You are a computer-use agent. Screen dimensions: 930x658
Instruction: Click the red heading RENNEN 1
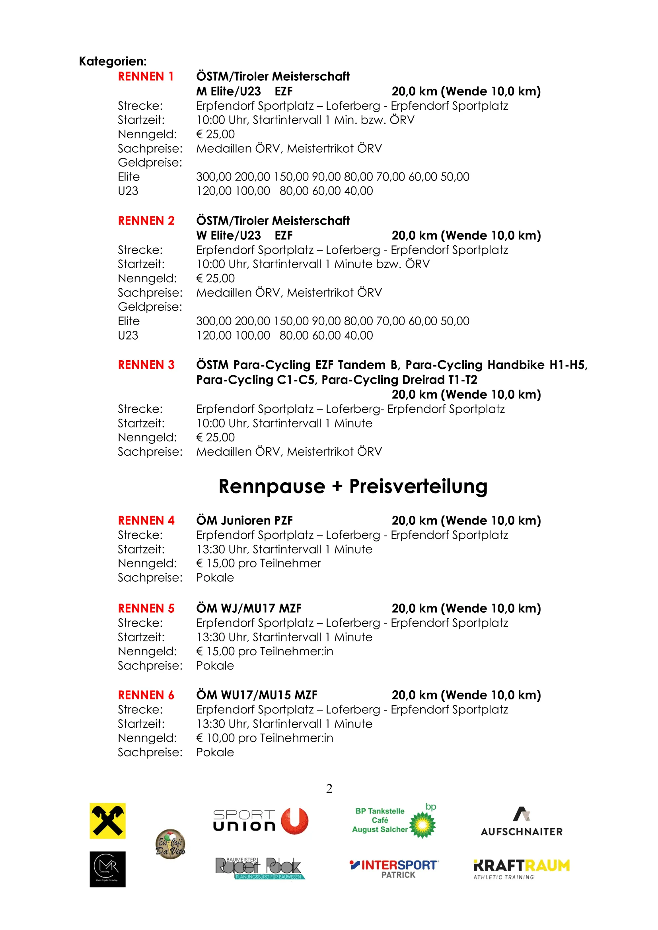tap(146, 77)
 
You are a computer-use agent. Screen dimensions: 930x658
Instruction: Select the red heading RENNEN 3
tap(146, 365)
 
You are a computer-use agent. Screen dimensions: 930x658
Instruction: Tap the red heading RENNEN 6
tap(146, 695)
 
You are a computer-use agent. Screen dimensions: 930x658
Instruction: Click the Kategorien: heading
tap(113, 62)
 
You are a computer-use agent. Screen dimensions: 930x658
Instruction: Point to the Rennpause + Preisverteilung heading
tap(352, 486)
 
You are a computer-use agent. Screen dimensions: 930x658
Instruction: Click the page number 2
tap(329, 788)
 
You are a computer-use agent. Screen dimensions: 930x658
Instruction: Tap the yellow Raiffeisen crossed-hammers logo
tap(107, 821)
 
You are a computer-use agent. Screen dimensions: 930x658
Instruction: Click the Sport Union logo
tap(261, 821)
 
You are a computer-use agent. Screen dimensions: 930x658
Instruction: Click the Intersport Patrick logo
tap(394, 869)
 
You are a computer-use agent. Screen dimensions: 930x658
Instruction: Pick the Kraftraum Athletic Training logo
tap(522, 869)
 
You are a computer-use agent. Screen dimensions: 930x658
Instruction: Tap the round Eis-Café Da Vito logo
tap(170, 844)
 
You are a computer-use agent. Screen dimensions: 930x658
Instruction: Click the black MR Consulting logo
tap(107, 869)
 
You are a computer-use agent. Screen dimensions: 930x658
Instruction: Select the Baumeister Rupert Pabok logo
tap(260, 868)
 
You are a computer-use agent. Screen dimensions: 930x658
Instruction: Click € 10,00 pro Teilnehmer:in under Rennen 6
tap(265, 738)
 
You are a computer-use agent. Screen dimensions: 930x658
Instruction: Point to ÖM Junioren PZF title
tap(244, 520)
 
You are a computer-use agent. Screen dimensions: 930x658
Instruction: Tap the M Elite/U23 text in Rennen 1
tap(228, 91)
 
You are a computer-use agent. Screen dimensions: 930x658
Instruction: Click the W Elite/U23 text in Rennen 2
tap(228, 236)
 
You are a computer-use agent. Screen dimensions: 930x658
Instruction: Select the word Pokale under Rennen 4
tap(215, 578)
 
